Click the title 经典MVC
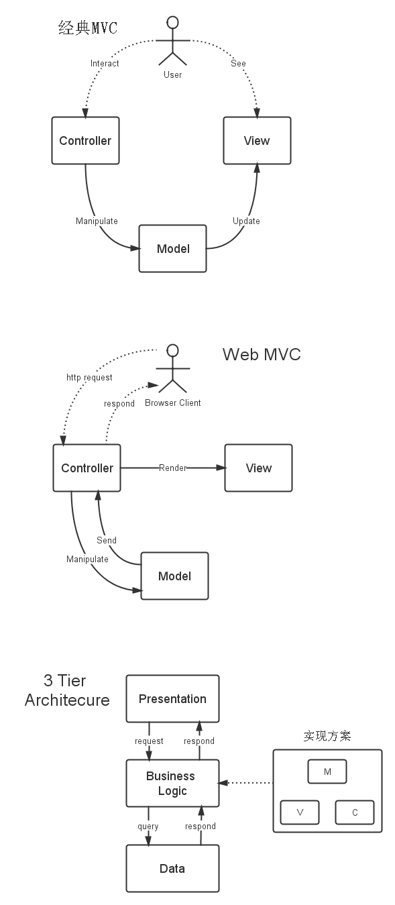(88, 28)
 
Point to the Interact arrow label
(105, 64)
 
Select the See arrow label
(238, 64)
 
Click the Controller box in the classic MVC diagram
(85, 141)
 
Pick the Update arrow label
(246, 221)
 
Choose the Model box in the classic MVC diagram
(172, 249)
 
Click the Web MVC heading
(262, 354)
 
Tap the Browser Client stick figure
(173, 369)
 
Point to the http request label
(89, 378)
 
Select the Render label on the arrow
(172, 468)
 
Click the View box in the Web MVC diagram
(258, 468)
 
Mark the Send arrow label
(107, 540)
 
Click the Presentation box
(172, 699)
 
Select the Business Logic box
(172, 784)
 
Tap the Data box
(172, 869)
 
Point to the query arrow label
(148, 827)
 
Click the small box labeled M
(327, 772)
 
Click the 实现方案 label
(327, 737)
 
